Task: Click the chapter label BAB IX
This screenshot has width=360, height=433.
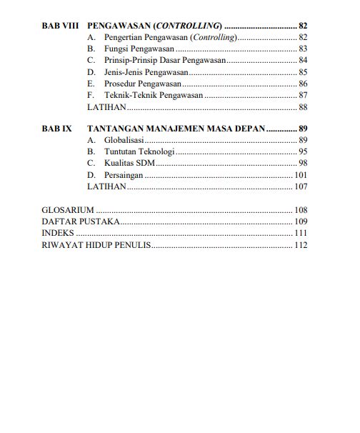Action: pos(57,129)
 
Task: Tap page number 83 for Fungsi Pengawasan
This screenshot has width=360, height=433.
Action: pos(302,49)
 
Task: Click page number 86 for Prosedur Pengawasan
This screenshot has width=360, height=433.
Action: pos(302,84)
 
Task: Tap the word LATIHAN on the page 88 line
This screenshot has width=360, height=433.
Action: pos(106,107)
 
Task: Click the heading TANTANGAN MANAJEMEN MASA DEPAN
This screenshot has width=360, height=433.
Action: pos(176,129)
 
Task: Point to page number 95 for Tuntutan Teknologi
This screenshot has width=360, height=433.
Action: pos(302,151)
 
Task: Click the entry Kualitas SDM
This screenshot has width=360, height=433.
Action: pos(129,163)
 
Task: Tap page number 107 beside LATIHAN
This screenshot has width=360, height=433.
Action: pos(300,186)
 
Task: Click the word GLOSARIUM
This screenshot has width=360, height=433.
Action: pos(68,210)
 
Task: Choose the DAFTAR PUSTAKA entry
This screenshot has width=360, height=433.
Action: pos(81,222)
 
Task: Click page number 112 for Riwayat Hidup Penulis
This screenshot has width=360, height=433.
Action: pos(300,245)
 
